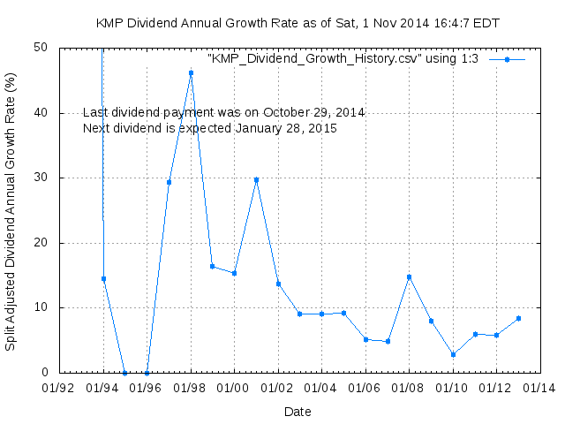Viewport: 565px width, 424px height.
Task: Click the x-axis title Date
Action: coord(298,411)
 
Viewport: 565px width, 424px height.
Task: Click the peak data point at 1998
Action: coord(191,73)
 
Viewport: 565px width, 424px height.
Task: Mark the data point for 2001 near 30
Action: coord(256,179)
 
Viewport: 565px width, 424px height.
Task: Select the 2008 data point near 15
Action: coord(409,276)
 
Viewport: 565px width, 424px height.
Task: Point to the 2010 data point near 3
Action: coord(453,354)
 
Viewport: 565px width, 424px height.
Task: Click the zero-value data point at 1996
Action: coord(147,373)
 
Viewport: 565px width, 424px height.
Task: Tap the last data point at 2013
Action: coord(518,318)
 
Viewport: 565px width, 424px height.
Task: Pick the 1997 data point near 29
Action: coord(169,182)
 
